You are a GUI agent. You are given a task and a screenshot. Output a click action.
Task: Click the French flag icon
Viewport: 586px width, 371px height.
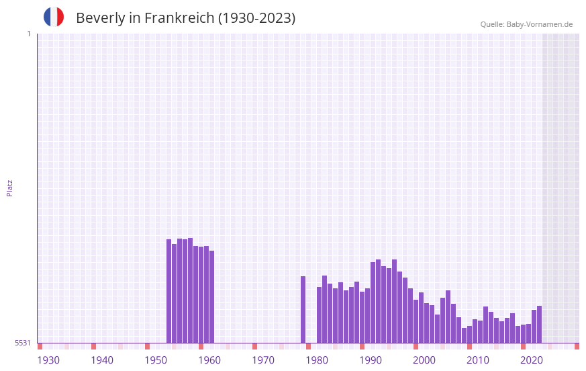[54, 17]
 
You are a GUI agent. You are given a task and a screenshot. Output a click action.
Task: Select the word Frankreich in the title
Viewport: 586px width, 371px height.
[179, 18]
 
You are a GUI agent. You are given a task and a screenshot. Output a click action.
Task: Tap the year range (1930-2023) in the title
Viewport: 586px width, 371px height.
[256, 18]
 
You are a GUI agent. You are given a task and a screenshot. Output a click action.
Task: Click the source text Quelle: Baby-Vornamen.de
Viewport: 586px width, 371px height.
[526, 24]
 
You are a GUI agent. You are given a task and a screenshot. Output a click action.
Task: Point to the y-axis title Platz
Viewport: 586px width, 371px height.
[9, 188]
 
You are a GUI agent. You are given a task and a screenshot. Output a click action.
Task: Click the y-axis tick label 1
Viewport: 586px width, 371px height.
[28, 34]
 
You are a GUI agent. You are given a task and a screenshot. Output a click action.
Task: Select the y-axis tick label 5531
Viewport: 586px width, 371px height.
[23, 343]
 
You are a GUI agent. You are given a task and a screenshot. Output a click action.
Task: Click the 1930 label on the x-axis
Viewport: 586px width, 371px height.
[48, 360]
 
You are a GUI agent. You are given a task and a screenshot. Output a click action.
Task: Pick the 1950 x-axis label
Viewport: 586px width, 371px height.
[156, 360]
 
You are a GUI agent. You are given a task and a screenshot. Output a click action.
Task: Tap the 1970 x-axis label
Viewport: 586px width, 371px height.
[263, 360]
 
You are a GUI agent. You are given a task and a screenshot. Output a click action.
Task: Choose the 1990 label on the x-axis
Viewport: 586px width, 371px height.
[371, 360]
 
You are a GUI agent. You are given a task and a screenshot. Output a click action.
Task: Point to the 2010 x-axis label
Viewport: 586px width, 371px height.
[478, 360]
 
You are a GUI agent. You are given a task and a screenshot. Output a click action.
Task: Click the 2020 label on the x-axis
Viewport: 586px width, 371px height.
[532, 360]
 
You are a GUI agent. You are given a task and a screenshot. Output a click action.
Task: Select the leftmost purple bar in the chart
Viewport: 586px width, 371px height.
[169, 291]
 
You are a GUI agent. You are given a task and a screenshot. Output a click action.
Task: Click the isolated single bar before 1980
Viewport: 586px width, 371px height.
[303, 309]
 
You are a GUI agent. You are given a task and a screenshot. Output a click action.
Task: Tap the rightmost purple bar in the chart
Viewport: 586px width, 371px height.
[539, 324]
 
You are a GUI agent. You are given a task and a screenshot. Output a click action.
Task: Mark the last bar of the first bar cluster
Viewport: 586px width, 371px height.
[212, 296]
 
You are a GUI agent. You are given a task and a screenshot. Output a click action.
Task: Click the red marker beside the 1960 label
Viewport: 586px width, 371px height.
[201, 346]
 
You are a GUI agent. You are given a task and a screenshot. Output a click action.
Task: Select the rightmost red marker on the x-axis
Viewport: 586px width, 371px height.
[577, 346]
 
